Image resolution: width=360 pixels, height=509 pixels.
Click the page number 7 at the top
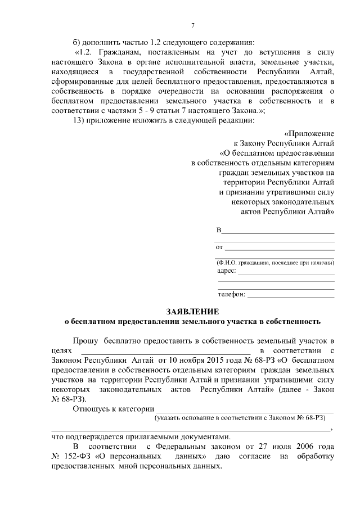[x=193, y=25]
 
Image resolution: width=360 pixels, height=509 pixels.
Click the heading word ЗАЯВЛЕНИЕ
[x=193, y=312]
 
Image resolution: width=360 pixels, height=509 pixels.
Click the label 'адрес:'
[x=226, y=271]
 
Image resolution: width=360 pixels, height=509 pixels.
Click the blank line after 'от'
[x=280, y=247]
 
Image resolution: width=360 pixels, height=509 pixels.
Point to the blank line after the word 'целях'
[x=165, y=352]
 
